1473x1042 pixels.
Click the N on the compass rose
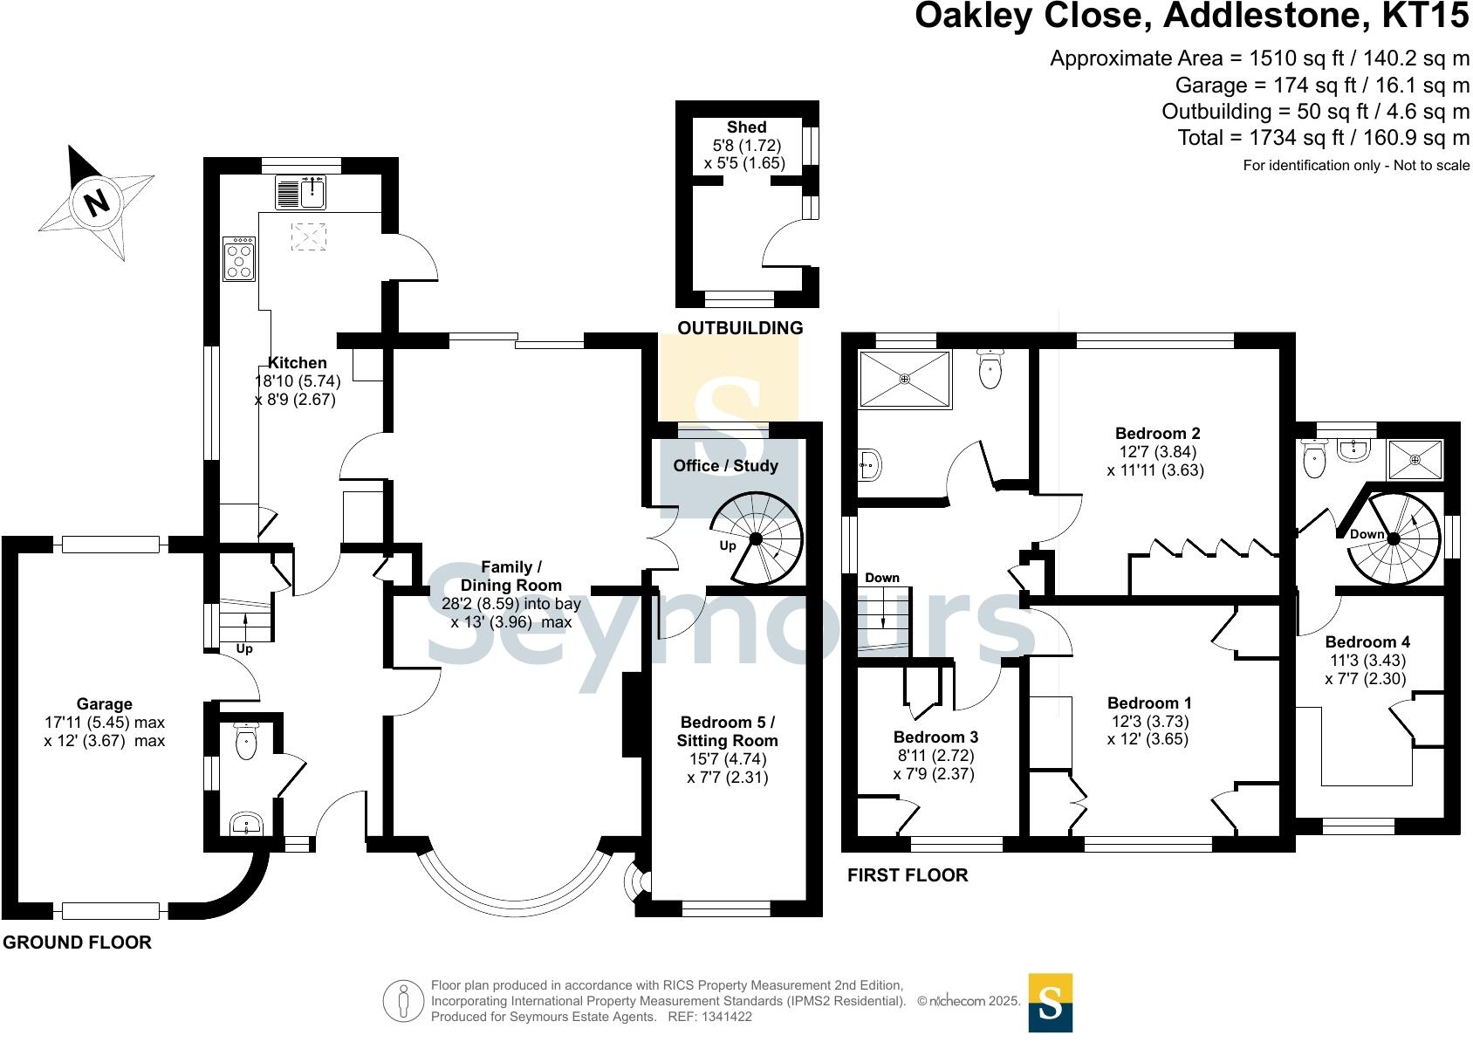click(x=98, y=202)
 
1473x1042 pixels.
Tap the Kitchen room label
click(x=298, y=362)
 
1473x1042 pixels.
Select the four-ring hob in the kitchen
click(x=239, y=259)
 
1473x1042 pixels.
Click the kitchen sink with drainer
click(x=300, y=192)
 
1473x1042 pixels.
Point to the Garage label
click(x=105, y=704)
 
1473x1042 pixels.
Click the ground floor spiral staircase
click(x=757, y=538)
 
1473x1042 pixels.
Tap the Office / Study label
click(x=725, y=466)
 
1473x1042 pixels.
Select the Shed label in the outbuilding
click(x=746, y=127)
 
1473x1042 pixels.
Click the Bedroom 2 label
click(x=1157, y=434)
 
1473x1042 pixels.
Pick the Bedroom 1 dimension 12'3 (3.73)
click(x=1148, y=721)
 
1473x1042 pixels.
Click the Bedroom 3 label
click(x=935, y=737)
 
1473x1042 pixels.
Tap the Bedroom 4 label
click(x=1367, y=642)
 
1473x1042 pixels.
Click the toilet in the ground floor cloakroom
click(x=246, y=741)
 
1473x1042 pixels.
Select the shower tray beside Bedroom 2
click(x=905, y=379)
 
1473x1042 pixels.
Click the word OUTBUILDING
click(x=741, y=327)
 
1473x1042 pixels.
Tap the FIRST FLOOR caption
click(x=908, y=875)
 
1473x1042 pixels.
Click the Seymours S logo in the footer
click(x=1050, y=1003)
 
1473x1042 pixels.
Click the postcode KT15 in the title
click(x=1425, y=16)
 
